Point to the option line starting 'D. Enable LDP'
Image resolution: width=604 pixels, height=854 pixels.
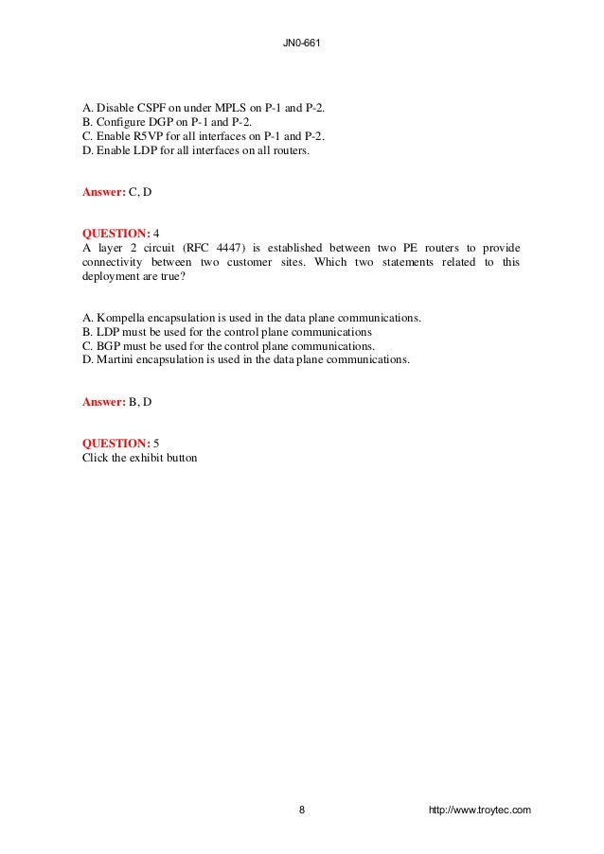196,149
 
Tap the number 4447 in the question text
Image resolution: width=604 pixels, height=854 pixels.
245,248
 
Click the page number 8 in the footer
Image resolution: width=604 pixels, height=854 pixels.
301,810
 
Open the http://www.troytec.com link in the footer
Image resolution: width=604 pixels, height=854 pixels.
480,810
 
